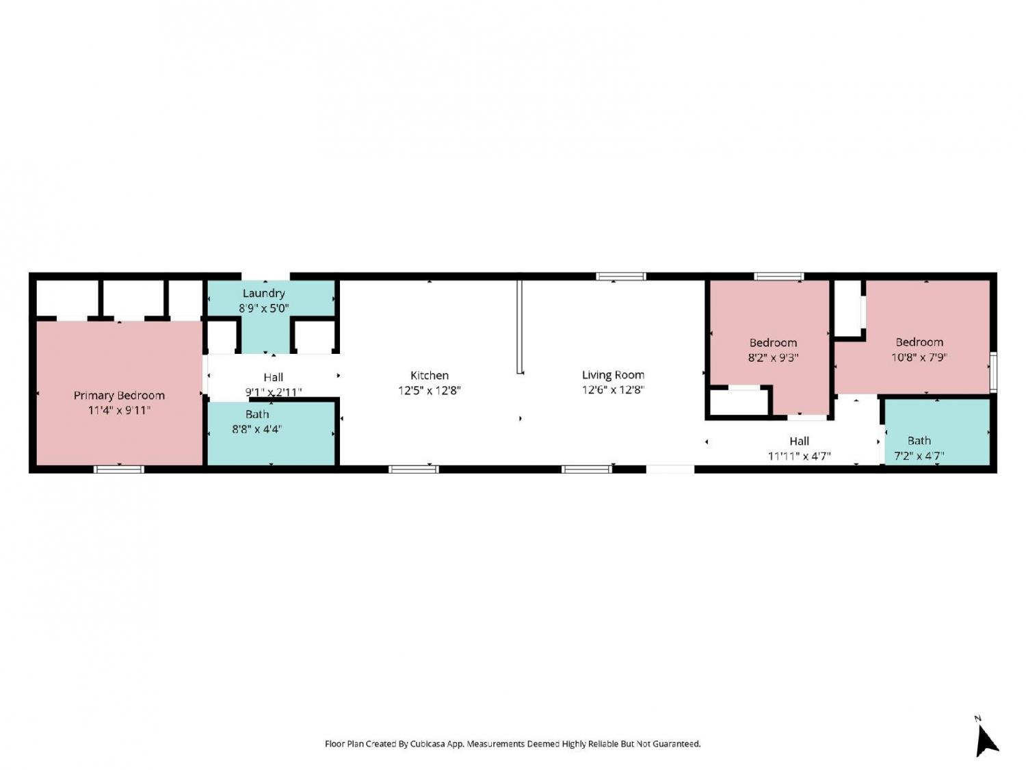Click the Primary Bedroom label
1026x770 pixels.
pyautogui.click(x=119, y=396)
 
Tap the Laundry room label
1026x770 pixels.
pyautogui.click(x=263, y=294)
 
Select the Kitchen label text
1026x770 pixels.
pyautogui.click(x=429, y=375)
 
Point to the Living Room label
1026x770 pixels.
pyautogui.click(x=613, y=374)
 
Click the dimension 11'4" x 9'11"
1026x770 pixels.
pyautogui.click(x=119, y=411)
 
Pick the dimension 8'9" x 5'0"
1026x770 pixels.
pyautogui.click(x=263, y=308)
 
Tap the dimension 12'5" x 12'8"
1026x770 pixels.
pyautogui.click(x=429, y=390)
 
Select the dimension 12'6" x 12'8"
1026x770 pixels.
pyautogui.click(x=613, y=389)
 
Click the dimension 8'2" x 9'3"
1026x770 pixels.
pyautogui.click(x=773, y=358)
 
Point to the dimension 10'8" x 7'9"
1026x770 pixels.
pyautogui.click(x=919, y=357)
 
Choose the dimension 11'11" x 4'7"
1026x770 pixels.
pyautogui.click(x=800, y=456)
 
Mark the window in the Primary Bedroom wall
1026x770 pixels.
pyautogui.click(x=119, y=470)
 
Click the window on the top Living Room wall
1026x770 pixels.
pyautogui.click(x=621, y=277)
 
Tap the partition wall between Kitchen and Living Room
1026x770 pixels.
pyautogui.click(x=519, y=326)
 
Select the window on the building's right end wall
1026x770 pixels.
pyautogui.click(x=993, y=372)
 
